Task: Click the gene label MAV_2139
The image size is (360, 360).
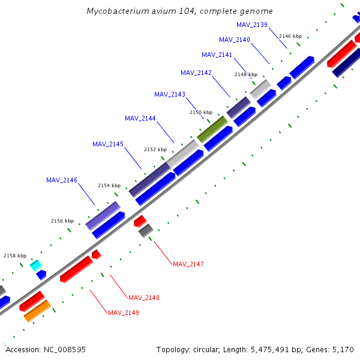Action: click(x=252, y=25)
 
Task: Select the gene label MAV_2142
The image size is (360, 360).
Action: click(x=196, y=73)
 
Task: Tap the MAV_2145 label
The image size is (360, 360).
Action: click(x=108, y=144)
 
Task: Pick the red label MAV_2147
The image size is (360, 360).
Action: click(x=188, y=264)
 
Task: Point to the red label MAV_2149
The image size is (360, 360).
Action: click(x=124, y=313)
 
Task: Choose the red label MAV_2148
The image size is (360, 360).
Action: click(x=144, y=298)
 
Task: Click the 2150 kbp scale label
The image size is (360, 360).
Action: click(x=201, y=112)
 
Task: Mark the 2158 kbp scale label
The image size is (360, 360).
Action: click(x=15, y=256)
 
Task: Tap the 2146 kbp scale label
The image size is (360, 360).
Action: click(x=290, y=36)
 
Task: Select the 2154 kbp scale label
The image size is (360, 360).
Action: click(x=109, y=185)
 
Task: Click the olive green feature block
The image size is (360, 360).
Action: click(x=212, y=129)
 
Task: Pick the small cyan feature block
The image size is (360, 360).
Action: click(x=36, y=265)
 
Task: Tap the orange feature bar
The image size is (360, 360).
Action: click(x=37, y=311)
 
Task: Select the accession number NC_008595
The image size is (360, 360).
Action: click(x=63, y=349)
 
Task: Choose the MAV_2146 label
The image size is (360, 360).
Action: click(x=62, y=180)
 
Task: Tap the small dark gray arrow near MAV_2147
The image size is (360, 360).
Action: click(x=146, y=230)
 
